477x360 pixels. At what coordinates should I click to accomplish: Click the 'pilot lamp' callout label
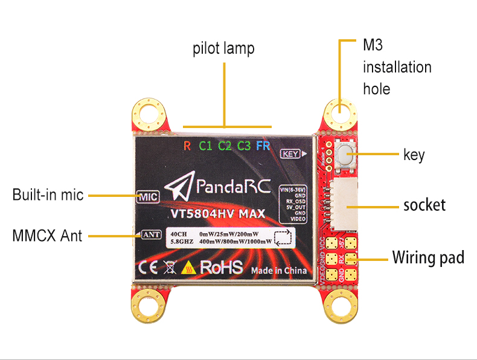click(x=223, y=48)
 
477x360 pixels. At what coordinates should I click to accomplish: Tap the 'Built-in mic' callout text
click(x=48, y=196)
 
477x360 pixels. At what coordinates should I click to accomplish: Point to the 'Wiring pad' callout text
click(x=428, y=258)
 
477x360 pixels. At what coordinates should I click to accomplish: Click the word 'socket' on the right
click(x=424, y=205)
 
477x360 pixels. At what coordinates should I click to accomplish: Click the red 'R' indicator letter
click(x=187, y=146)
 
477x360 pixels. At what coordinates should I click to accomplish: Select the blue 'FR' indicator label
click(x=263, y=146)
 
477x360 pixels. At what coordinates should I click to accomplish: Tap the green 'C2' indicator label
click(x=225, y=146)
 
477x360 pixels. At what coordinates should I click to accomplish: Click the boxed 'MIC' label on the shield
click(x=148, y=197)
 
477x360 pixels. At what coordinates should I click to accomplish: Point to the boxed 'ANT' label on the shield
click(x=151, y=235)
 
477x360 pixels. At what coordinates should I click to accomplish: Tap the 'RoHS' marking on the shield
click(x=221, y=267)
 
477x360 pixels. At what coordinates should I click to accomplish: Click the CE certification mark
click(x=147, y=267)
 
